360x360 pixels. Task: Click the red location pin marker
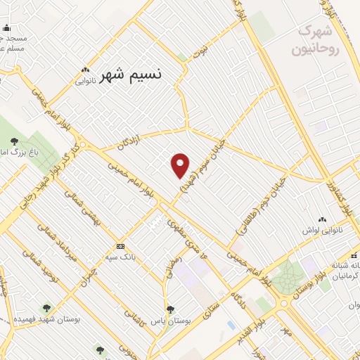pos(181,165)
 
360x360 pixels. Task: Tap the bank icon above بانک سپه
pos(121,246)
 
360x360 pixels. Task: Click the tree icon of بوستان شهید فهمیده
pos(46,308)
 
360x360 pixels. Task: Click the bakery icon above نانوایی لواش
pos(323,220)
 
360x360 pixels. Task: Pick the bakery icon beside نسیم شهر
pos(86,70)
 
